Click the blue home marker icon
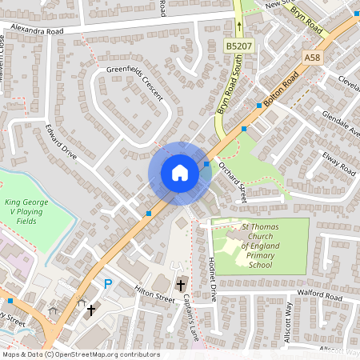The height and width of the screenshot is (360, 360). coord(179,173)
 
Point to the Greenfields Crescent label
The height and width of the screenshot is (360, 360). coord(134,83)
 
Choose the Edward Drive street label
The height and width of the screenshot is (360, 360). coord(61,142)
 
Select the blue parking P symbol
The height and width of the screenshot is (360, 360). coord(108,283)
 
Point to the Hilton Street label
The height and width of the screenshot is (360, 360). coord(154,295)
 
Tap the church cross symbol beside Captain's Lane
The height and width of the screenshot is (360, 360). coord(180,284)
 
